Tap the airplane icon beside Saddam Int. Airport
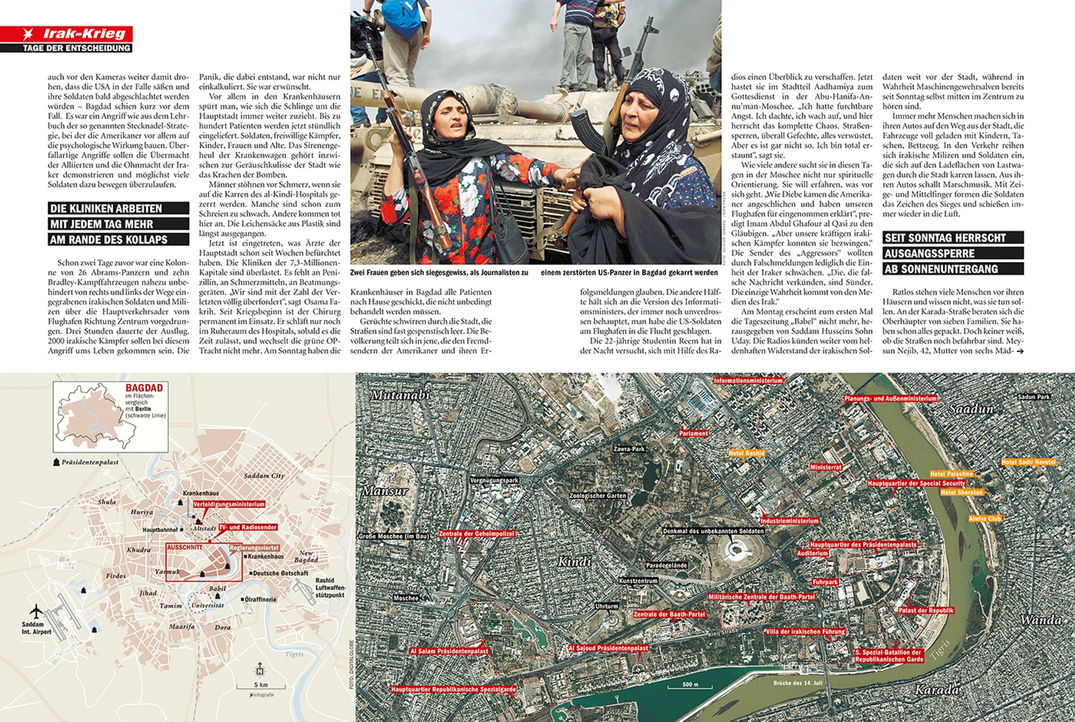click(x=36, y=612)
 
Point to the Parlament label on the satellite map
click(x=693, y=433)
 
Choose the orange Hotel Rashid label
click(x=746, y=453)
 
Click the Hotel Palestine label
click(x=952, y=474)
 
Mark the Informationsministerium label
click(x=748, y=381)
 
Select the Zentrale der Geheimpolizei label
click(x=477, y=534)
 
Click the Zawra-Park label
click(x=629, y=449)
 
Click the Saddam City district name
click(x=264, y=476)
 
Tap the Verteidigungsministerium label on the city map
click(x=229, y=505)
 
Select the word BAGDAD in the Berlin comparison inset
click(x=144, y=388)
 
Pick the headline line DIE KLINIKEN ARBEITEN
click(x=106, y=208)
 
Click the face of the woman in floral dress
click(x=453, y=125)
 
